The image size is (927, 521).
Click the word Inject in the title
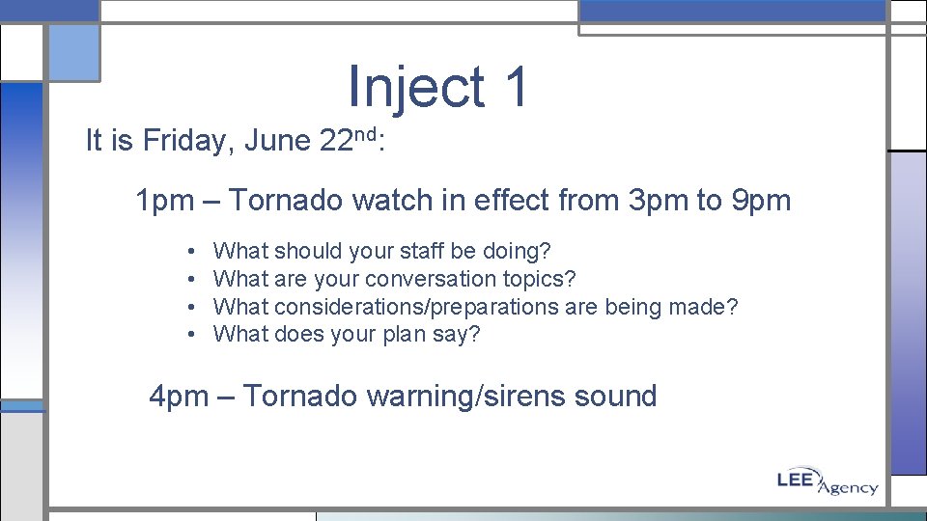(416, 87)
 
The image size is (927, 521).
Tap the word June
(277, 142)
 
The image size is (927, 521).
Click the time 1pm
(165, 201)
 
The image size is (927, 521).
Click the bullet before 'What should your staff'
(193, 252)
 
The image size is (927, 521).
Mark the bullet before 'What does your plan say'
(193, 335)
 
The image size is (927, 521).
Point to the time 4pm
(178, 396)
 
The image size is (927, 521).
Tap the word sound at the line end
(617, 396)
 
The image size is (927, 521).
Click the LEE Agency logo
(828, 481)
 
